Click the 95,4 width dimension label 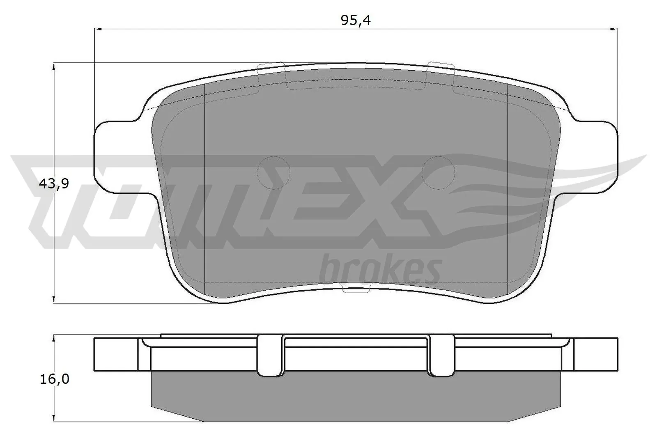click(356, 21)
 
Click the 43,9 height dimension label click(53, 184)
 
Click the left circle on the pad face click(273, 172)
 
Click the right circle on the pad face click(439, 173)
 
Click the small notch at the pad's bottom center click(356, 290)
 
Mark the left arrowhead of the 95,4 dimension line click(98, 29)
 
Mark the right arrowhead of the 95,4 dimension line click(615, 29)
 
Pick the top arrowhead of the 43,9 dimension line click(54, 66)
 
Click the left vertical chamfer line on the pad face click(204, 185)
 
